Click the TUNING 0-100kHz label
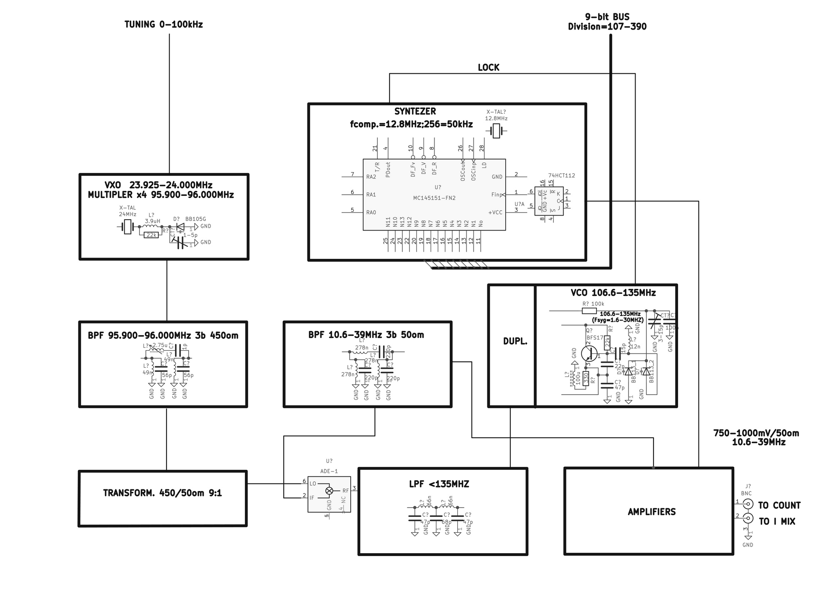(x=164, y=25)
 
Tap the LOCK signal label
(x=488, y=68)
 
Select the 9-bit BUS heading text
(x=607, y=17)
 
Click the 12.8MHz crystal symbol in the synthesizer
(x=496, y=131)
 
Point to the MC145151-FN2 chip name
(x=434, y=198)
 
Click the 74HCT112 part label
(x=561, y=175)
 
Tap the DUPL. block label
(x=515, y=341)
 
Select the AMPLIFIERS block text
(x=651, y=512)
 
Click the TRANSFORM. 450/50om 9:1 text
(x=162, y=493)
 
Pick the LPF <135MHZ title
(x=439, y=484)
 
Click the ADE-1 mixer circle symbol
(x=329, y=491)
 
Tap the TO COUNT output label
(x=779, y=506)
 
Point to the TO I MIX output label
(x=777, y=521)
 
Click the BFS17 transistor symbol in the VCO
(x=589, y=353)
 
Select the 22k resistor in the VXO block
(x=151, y=235)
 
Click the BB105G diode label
(x=195, y=219)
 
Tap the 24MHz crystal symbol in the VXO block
(x=127, y=227)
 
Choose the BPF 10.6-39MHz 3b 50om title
(x=366, y=335)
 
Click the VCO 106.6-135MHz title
(x=613, y=293)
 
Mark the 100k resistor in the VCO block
(x=589, y=311)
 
